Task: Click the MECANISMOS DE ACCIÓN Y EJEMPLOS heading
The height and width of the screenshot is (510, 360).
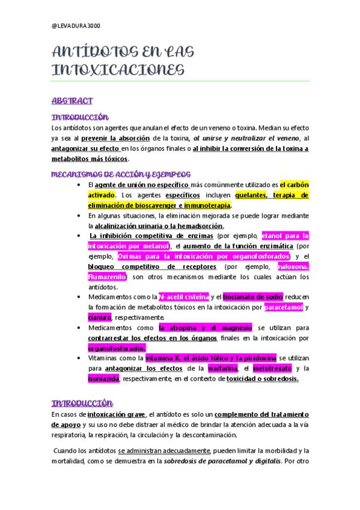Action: pyautogui.click(x=117, y=174)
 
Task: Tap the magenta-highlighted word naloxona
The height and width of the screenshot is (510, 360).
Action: pyautogui.click(x=293, y=266)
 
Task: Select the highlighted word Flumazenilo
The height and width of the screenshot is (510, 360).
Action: pyautogui.click(x=106, y=277)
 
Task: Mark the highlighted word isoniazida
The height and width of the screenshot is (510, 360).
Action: pyautogui.click(x=103, y=379)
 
